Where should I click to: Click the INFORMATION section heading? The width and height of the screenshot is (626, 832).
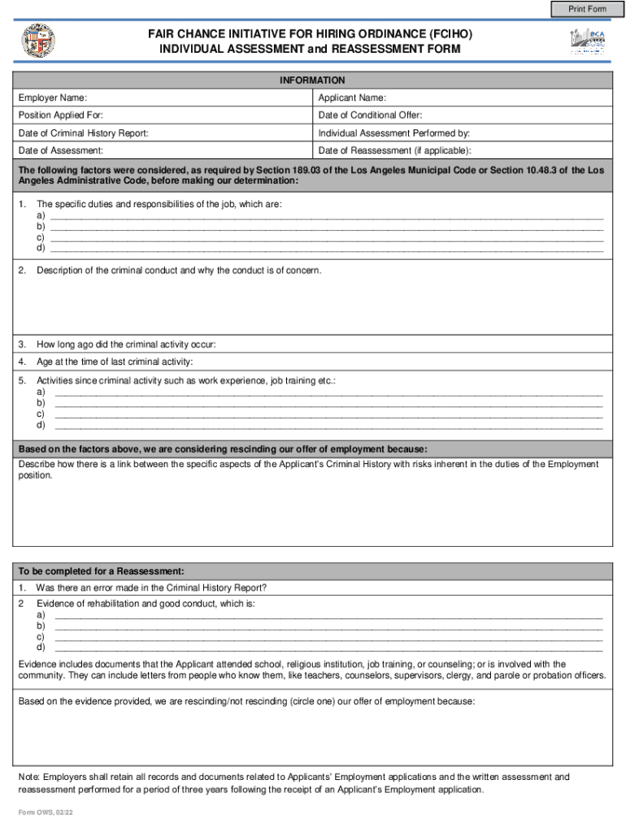coord(312,80)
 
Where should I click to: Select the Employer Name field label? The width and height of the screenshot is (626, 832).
coord(53,98)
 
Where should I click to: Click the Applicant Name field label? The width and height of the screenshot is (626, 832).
coord(352,98)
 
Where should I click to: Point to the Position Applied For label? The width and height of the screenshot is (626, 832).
coord(61,115)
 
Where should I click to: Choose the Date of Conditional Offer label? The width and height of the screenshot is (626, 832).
coord(370,115)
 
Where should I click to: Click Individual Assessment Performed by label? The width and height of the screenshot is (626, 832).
coord(394,133)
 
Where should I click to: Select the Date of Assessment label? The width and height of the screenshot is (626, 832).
coord(61,151)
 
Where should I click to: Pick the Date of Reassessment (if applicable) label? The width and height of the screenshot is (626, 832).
coord(394,151)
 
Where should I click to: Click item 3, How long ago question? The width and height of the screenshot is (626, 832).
coord(126,344)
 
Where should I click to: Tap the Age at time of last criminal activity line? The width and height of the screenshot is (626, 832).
coord(115,362)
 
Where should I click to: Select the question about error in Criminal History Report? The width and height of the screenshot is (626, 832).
coord(151,588)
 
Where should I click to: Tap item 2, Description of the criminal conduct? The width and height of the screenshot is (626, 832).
coord(179,270)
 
